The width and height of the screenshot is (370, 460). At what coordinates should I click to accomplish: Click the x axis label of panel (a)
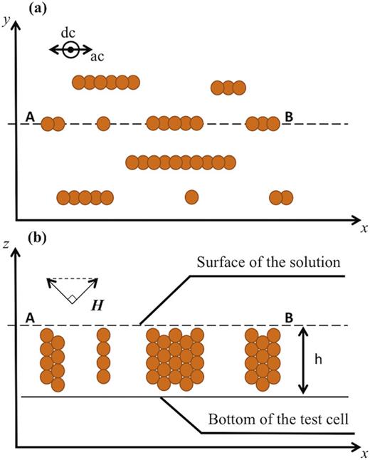click(363, 229)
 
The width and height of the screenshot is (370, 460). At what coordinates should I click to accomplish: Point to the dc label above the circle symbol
click(69, 33)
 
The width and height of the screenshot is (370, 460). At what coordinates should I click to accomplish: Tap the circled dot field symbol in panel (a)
click(70, 49)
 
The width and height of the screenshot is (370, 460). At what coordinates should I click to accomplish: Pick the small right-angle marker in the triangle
click(73, 299)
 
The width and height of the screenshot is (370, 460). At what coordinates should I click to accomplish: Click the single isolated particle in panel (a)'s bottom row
click(191, 197)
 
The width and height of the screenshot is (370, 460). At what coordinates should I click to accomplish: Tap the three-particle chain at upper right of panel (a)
click(228, 88)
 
